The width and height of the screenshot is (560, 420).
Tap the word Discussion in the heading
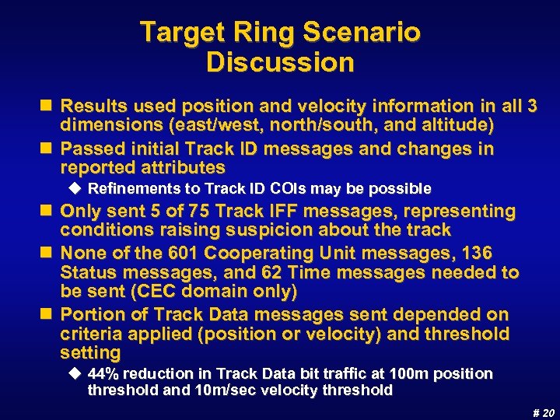(280, 62)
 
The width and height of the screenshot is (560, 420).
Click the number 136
(477, 254)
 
